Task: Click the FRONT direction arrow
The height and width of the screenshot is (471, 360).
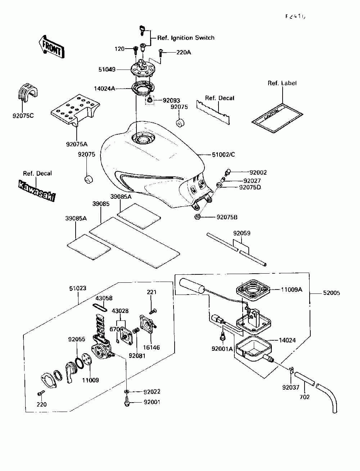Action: pyautogui.click(x=51, y=46)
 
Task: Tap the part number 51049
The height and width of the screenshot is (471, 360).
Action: pyautogui.click(x=107, y=69)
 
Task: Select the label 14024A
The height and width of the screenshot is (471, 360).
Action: pyautogui.click(x=105, y=88)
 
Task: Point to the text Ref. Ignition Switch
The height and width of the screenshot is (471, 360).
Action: pyautogui.click(x=186, y=38)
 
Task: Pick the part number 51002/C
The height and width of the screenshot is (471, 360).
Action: pyautogui.click(x=223, y=155)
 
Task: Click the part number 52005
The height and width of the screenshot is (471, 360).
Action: pyautogui.click(x=331, y=293)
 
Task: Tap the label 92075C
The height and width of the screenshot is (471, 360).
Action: pyautogui.click(x=23, y=116)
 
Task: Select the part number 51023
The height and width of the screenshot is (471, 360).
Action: pyautogui.click(x=78, y=288)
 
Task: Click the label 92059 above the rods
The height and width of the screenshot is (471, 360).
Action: pyautogui.click(x=242, y=233)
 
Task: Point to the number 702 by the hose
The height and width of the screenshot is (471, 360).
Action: pyautogui.click(x=305, y=397)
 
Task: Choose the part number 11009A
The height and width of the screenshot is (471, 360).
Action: pyautogui.click(x=292, y=289)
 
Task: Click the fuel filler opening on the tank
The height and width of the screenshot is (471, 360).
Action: pyautogui.click(x=142, y=138)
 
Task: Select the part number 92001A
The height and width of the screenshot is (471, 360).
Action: pyautogui.click(x=222, y=349)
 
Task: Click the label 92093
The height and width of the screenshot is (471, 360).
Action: pyautogui.click(x=171, y=100)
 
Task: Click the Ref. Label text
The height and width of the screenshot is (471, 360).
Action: pyautogui.click(x=282, y=83)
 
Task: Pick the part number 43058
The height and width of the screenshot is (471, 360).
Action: pyautogui.click(x=104, y=298)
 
